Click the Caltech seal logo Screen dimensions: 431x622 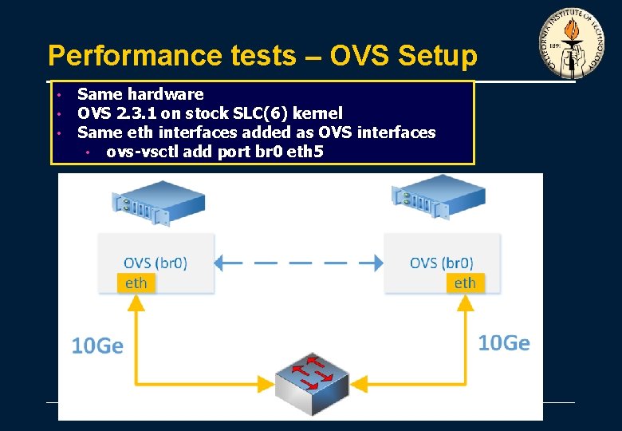(x=572, y=45)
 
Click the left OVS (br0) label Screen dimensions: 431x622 (x=155, y=263)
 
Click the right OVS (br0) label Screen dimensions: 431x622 (x=442, y=263)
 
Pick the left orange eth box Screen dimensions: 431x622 (x=136, y=283)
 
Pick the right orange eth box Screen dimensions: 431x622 (x=465, y=283)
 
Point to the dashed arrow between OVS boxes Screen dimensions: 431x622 (x=299, y=262)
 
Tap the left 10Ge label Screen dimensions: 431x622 (x=97, y=346)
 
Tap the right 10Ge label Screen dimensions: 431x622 (x=504, y=343)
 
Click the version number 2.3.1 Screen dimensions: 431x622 (x=132, y=113)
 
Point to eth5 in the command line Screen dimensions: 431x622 (x=306, y=151)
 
